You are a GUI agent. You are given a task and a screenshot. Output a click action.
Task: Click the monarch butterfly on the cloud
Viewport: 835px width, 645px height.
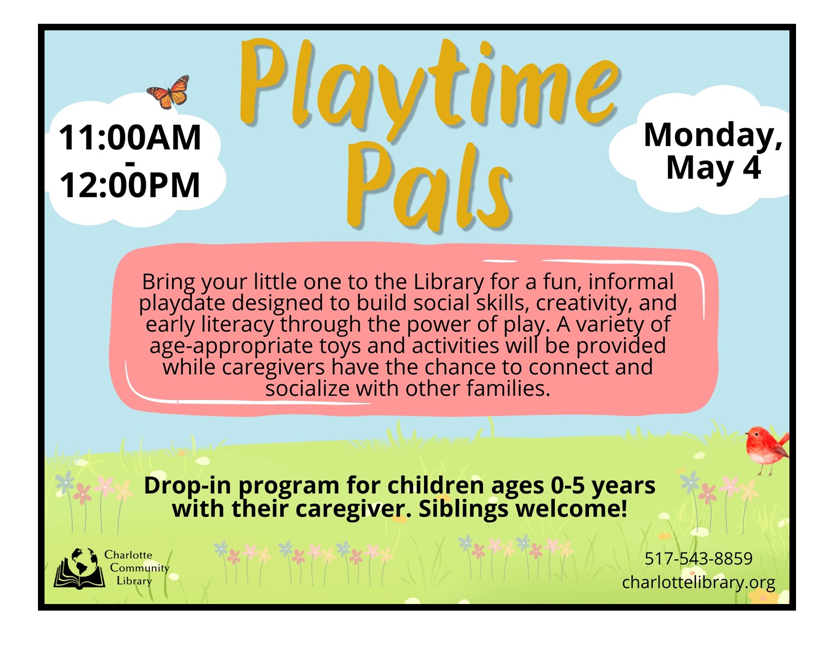pyautogui.click(x=168, y=92)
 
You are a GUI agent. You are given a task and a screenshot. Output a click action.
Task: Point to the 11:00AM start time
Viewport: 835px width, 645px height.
pyautogui.click(x=130, y=138)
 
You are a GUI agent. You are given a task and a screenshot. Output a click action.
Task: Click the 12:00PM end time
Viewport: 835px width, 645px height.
pyautogui.click(x=130, y=185)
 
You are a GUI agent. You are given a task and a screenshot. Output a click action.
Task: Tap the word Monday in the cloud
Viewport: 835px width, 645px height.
pyautogui.click(x=713, y=135)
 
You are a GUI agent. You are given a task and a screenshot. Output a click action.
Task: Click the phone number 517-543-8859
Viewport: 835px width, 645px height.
pyautogui.click(x=698, y=558)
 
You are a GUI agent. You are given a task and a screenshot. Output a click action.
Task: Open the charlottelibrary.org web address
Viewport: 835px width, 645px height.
pyautogui.click(x=698, y=582)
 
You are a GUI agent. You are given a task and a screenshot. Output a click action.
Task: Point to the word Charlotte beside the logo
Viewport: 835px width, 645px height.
pyautogui.click(x=128, y=555)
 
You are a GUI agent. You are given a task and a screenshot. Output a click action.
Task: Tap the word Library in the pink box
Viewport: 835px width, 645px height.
pyautogui.click(x=448, y=282)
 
